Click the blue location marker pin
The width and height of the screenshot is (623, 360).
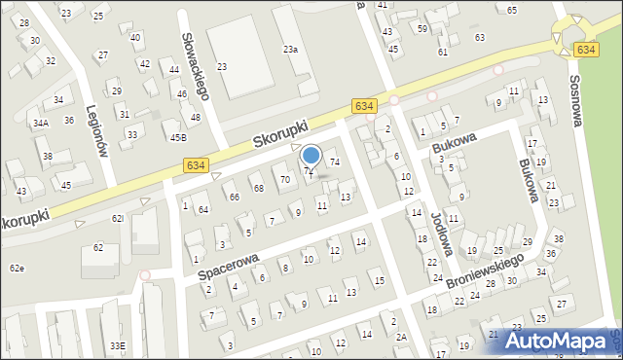pyautogui.click(x=311, y=155)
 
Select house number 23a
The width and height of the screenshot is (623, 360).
pyautogui.click(x=290, y=49)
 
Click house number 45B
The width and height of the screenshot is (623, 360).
pyautogui.click(x=178, y=138)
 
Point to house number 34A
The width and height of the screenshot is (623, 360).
pyautogui.click(x=40, y=124)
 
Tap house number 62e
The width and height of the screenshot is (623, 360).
pyautogui.click(x=17, y=268)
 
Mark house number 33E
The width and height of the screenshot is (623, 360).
pyautogui.click(x=117, y=345)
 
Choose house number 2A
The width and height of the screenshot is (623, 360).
pyautogui.click(x=401, y=337)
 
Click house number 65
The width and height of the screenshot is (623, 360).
pyautogui.click(x=511, y=10)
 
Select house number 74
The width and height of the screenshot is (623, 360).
pyautogui.click(x=334, y=162)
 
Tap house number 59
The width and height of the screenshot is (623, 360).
pyautogui.click(x=422, y=29)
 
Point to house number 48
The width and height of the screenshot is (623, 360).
pyautogui.click(x=196, y=118)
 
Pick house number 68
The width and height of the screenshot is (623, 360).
pyautogui.click(x=258, y=188)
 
